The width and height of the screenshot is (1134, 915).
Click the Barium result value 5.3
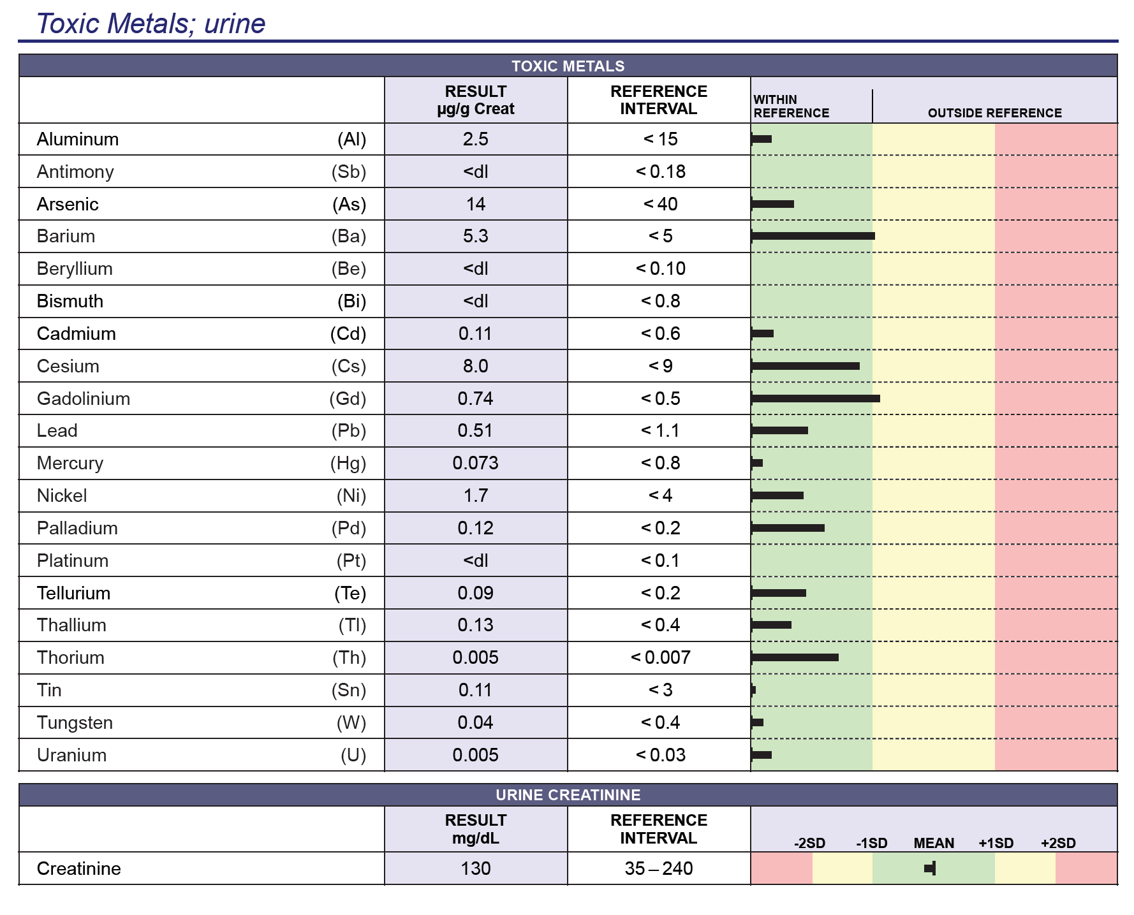[x=475, y=237]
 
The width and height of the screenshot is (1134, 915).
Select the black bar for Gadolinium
[x=816, y=399]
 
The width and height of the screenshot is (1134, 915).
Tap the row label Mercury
[x=70, y=464]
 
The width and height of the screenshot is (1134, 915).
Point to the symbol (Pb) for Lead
[x=349, y=431]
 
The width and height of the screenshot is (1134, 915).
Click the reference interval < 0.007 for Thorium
[x=660, y=658]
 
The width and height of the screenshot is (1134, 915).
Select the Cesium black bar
[x=806, y=366]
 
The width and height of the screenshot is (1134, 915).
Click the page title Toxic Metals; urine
[x=151, y=24]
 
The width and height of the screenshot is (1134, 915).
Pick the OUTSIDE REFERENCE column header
[x=994, y=113]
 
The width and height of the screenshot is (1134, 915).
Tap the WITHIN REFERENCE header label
[x=791, y=106]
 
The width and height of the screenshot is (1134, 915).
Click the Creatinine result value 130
[x=475, y=869]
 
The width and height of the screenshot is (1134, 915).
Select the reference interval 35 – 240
[x=659, y=869]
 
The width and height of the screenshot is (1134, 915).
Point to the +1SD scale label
[x=996, y=844]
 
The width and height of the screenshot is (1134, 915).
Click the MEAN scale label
[x=934, y=844]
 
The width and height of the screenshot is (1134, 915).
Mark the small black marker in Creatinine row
[x=931, y=868]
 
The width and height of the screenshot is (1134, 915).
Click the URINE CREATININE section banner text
[x=568, y=795]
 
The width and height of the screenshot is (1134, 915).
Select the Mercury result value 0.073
[x=475, y=464]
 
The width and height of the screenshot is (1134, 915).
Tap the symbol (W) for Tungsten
[x=351, y=723]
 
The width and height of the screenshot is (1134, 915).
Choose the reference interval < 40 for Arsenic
[x=660, y=205]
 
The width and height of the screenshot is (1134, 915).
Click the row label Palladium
[x=77, y=529]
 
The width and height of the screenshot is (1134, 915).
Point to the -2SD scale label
[x=809, y=844]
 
